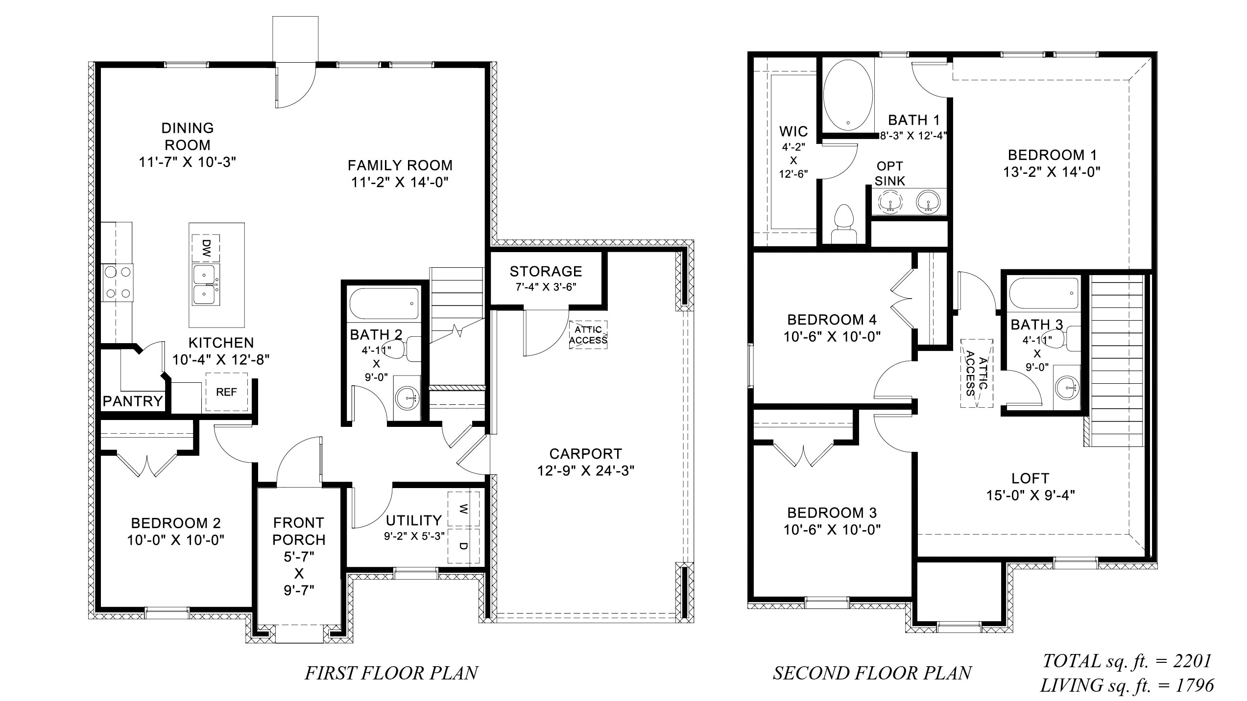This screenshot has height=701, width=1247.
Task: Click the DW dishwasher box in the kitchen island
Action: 206,249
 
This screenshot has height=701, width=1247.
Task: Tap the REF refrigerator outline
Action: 226,392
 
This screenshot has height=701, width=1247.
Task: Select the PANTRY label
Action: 132,401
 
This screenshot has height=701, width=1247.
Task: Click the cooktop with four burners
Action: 118,282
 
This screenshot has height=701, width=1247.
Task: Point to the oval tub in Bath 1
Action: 848,95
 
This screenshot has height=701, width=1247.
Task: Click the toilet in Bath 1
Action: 843,224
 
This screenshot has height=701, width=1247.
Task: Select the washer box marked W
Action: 463,509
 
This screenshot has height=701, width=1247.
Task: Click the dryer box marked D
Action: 463,545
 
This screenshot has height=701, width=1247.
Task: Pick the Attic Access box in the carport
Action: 588,335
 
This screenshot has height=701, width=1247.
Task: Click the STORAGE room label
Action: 546,271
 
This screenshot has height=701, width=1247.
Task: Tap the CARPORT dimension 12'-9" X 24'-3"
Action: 585,471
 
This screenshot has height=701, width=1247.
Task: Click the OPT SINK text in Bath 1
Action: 890,173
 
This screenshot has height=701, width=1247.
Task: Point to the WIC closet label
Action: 793,131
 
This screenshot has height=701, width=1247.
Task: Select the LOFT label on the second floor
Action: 1030,478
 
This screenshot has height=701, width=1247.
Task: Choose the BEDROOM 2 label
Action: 176,523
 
